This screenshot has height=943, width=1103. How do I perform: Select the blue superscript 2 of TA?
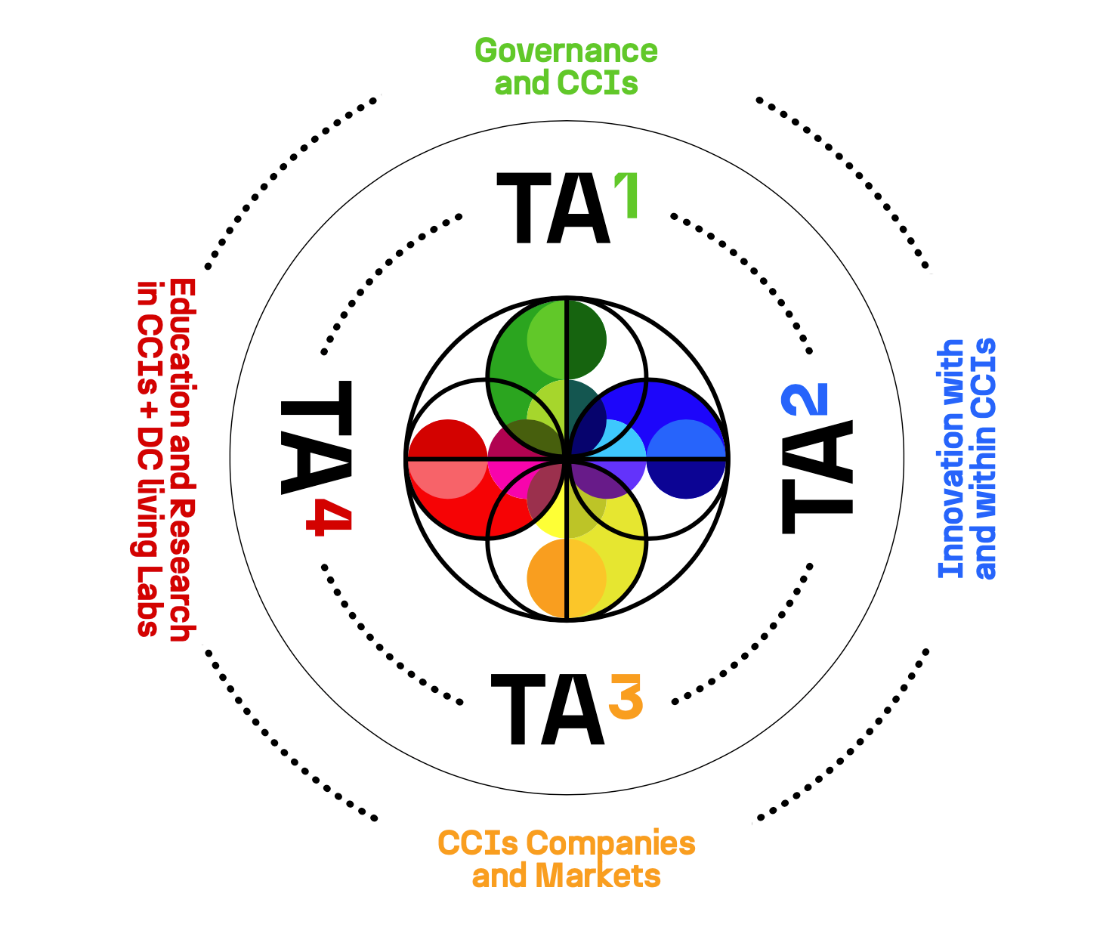(806, 400)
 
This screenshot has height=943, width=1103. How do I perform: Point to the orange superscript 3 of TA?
(626, 696)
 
